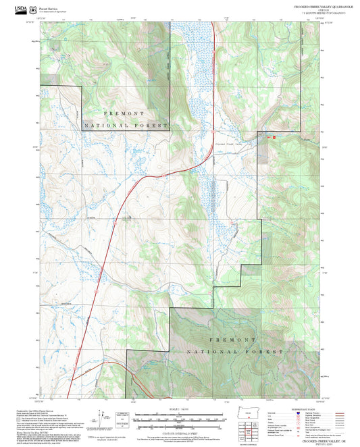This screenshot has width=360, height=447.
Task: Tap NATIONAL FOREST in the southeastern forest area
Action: point(247,352)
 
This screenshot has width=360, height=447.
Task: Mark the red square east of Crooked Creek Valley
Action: point(274,137)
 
